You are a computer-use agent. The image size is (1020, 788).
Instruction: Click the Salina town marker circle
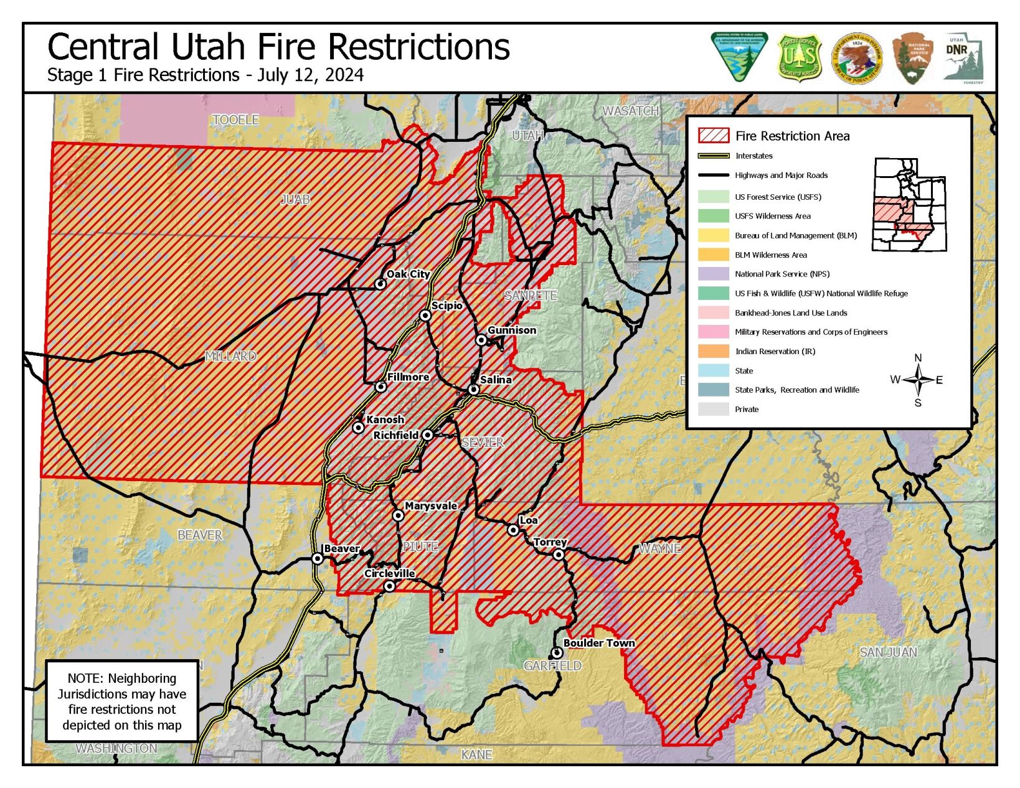(x=473, y=390)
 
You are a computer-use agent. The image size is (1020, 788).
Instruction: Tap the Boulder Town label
(x=598, y=643)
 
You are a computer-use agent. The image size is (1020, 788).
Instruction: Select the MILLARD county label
(x=230, y=356)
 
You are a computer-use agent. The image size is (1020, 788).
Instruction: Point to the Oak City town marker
(x=380, y=284)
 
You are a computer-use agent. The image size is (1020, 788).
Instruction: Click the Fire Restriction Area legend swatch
(x=713, y=136)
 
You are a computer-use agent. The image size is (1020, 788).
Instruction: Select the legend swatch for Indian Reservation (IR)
(x=713, y=351)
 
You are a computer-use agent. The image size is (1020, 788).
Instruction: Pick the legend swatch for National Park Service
(x=713, y=274)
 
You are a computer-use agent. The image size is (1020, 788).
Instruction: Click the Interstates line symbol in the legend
(x=713, y=156)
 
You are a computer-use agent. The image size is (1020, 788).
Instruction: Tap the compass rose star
(x=918, y=380)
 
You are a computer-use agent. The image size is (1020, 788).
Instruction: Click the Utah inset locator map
(x=909, y=204)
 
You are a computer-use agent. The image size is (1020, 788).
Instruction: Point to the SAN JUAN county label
(x=888, y=652)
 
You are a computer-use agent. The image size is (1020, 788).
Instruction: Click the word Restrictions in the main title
(x=418, y=47)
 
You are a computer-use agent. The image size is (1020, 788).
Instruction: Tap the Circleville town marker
(x=389, y=586)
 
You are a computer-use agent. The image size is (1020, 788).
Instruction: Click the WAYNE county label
(x=659, y=548)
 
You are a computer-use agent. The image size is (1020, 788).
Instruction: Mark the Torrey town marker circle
(x=559, y=555)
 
